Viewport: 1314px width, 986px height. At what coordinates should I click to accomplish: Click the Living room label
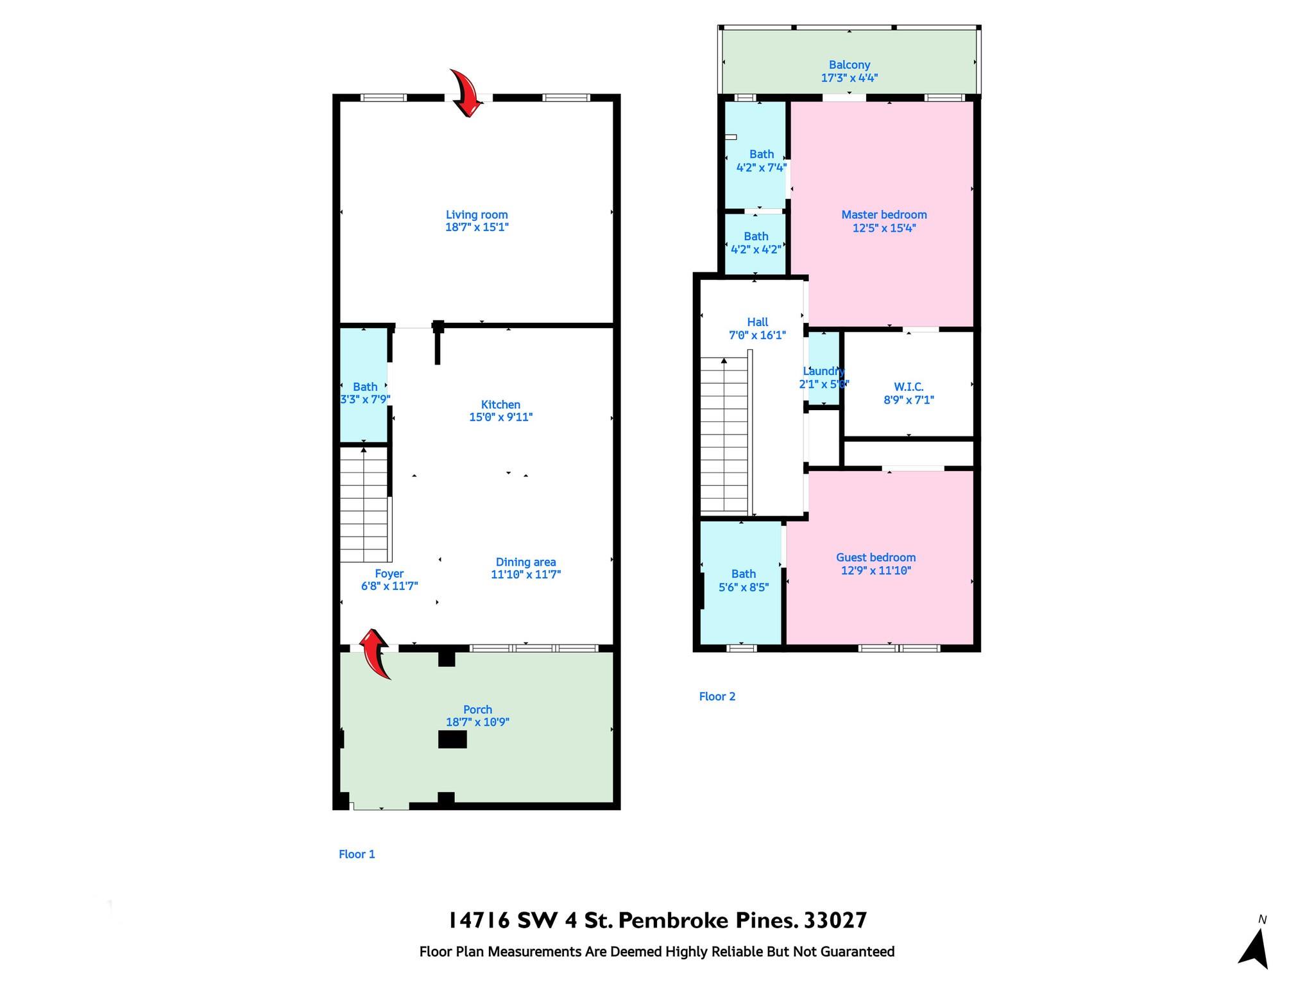tap(477, 215)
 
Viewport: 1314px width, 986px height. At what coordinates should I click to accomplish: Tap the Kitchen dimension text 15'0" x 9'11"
tap(500, 417)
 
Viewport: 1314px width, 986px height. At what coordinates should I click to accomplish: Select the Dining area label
tap(525, 562)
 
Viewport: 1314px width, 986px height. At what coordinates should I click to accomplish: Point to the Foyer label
tap(389, 574)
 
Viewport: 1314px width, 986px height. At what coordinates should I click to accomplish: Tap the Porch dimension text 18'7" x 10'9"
tap(477, 722)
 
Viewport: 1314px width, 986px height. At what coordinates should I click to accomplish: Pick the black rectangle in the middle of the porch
tap(452, 739)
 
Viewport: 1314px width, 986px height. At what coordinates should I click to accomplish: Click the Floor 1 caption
tap(357, 854)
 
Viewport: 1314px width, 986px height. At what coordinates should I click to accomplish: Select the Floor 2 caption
tap(717, 696)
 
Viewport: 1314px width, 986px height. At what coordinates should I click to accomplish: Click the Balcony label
tap(849, 65)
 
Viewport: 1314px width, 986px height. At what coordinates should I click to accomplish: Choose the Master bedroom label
tap(884, 215)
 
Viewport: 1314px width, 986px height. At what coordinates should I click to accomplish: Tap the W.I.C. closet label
tap(909, 387)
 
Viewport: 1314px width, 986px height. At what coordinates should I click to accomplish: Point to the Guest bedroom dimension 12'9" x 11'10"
tap(876, 571)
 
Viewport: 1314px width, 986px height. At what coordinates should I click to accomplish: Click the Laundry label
tap(824, 371)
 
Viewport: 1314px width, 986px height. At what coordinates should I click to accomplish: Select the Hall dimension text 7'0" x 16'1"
tap(757, 335)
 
